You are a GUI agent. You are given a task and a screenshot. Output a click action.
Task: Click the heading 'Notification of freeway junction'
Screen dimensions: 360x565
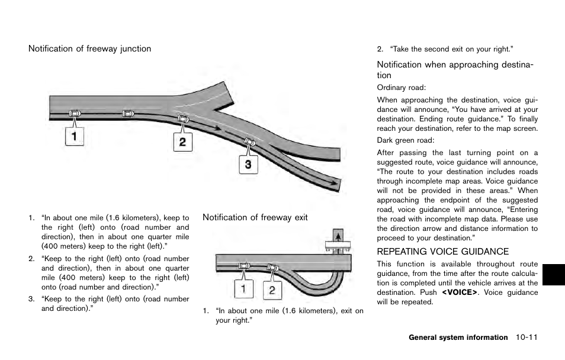pyautogui.click(x=89, y=49)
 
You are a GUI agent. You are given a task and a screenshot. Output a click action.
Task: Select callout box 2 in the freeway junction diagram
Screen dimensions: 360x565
pyautogui.click(x=182, y=142)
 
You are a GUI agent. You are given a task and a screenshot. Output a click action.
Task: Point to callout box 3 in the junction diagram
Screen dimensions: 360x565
pyautogui.click(x=248, y=164)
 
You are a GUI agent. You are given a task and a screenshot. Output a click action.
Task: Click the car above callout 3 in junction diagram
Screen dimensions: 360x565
pyautogui.click(x=249, y=142)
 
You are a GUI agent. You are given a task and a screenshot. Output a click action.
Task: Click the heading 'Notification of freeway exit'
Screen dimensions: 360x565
pyautogui.click(x=255, y=217)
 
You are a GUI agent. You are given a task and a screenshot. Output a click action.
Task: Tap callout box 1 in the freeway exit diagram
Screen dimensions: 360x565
pyautogui.click(x=243, y=290)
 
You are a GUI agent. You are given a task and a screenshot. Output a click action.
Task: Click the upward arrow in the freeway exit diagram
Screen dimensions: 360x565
pyautogui.click(x=338, y=236)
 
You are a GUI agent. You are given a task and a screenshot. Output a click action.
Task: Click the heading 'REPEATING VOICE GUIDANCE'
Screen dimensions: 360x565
pyautogui.click(x=443, y=252)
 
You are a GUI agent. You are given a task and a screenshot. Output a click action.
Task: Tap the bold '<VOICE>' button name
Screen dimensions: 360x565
pyautogui.click(x=459, y=292)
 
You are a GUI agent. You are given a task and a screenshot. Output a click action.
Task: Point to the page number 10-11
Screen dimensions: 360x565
pyautogui.click(x=526, y=337)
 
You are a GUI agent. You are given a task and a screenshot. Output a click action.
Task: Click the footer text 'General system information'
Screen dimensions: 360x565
pyautogui.click(x=458, y=337)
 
